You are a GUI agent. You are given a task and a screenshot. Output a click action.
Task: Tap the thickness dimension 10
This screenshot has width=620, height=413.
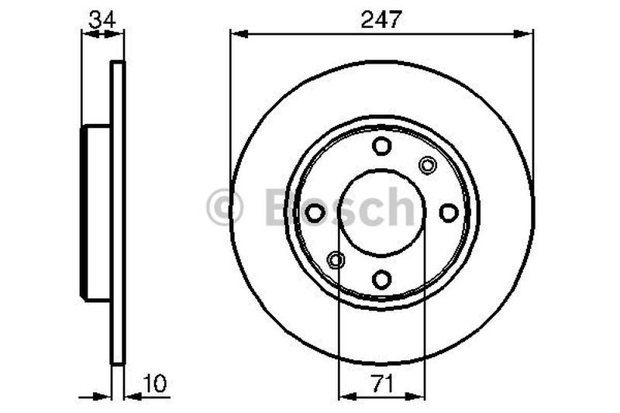coord(155,383)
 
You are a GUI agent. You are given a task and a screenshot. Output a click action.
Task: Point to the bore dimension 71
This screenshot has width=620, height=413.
coord(381,383)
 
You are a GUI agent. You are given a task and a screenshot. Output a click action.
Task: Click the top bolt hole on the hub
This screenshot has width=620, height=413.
coord(381,146)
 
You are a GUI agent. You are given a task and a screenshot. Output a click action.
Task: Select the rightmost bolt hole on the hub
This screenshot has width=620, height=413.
coord(449,212)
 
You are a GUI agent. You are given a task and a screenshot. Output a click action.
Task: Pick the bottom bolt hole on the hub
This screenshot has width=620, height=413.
coord(381,279)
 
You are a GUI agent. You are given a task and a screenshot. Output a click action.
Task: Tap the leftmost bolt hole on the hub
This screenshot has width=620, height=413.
coord(315,212)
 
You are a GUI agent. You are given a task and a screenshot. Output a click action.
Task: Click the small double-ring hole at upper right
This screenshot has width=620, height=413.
coord(427,164)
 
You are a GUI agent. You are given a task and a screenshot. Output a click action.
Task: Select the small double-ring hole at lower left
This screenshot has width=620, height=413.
coord(336,260)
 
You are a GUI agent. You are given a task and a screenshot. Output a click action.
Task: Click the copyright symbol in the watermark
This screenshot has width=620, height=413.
coord(225,208)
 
